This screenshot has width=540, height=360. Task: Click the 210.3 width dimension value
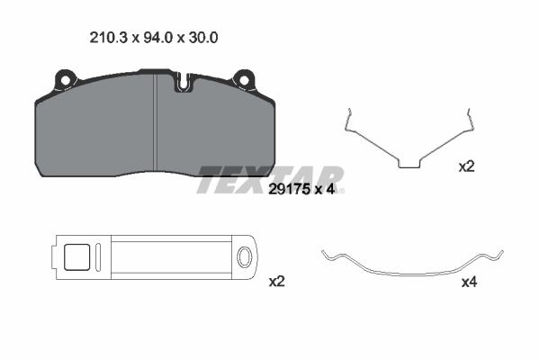[x=109, y=38]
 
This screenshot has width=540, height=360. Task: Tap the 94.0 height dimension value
[x=157, y=38]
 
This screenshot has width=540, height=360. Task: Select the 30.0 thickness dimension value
[x=203, y=38]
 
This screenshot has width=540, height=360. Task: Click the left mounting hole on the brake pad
[x=65, y=80]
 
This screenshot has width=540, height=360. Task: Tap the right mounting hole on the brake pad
[x=244, y=80]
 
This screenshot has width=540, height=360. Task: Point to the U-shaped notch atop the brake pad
[x=184, y=82]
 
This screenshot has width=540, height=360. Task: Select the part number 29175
[x=288, y=190]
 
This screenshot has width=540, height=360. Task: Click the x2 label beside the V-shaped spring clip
[x=466, y=167]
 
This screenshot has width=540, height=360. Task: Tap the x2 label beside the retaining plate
[x=276, y=282]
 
